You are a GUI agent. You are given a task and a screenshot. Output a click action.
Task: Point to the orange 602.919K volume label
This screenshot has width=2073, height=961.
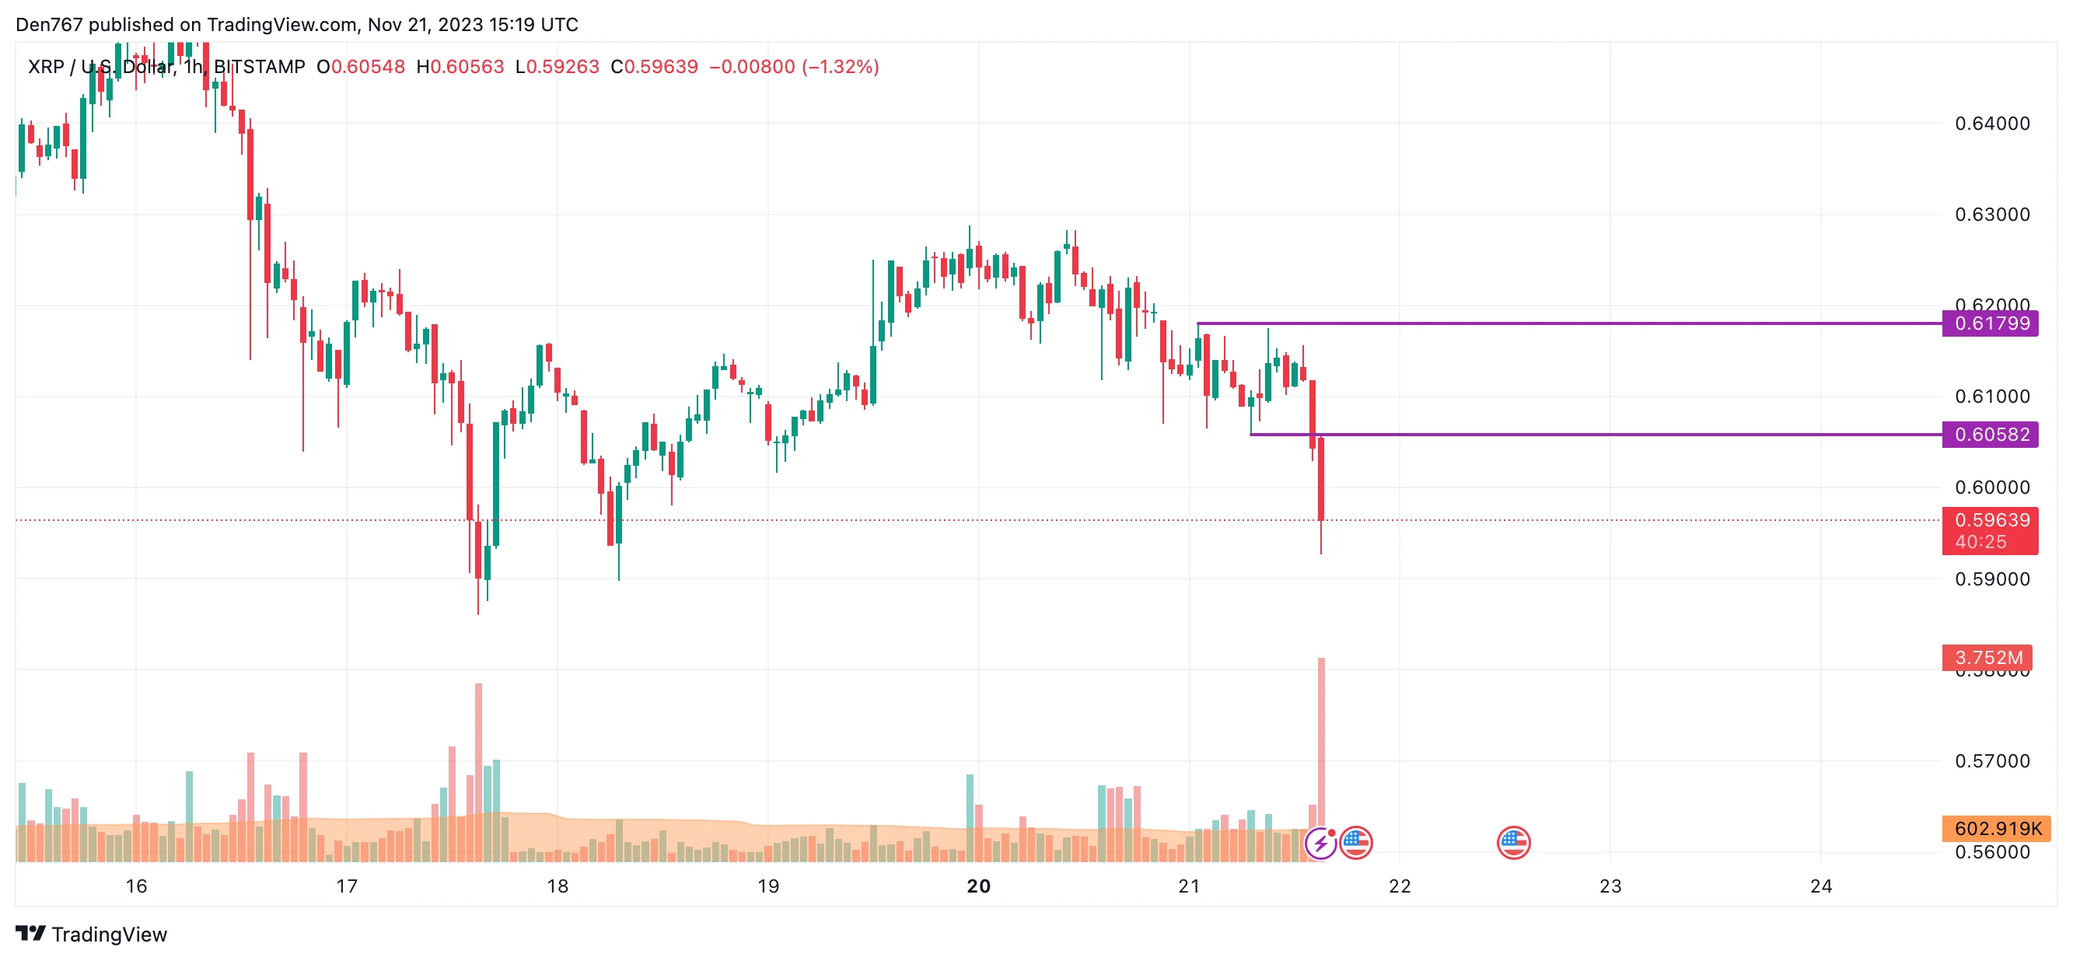(x=1996, y=828)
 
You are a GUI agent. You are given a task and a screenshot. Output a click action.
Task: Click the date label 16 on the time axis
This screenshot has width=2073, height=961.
(x=136, y=886)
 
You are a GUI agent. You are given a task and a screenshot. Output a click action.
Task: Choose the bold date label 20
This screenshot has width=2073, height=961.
(x=978, y=886)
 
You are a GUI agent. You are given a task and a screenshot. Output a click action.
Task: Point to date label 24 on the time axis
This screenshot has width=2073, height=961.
(x=1821, y=886)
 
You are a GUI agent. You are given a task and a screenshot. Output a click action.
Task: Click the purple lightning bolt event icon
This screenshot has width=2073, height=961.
(x=1320, y=844)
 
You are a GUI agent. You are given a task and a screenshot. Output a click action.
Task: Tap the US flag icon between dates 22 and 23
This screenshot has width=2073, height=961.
(x=1513, y=844)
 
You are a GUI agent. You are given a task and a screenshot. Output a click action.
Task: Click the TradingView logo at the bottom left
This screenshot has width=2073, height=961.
(x=91, y=934)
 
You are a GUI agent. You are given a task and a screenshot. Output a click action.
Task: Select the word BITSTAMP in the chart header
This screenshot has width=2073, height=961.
(x=259, y=67)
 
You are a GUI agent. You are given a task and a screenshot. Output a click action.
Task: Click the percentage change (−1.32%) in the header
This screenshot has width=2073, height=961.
(x=840, y=67)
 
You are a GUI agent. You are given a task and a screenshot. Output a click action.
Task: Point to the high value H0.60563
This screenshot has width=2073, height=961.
(x=460, y=67)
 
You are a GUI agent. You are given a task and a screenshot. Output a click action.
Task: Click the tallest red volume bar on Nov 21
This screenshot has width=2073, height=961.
(x=1321, y=757)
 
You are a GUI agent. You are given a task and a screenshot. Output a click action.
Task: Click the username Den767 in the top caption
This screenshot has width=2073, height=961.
(x=49, y=25)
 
